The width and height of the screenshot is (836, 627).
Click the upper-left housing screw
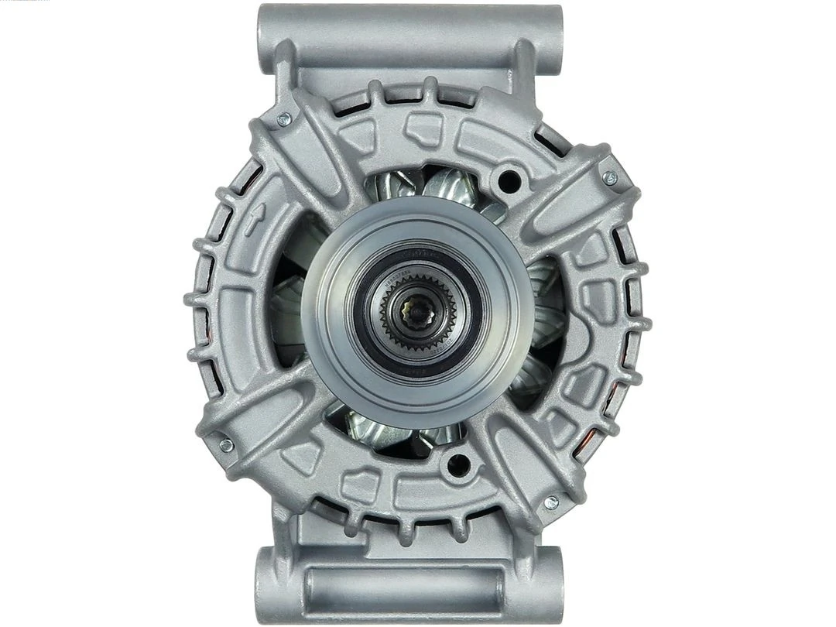284,118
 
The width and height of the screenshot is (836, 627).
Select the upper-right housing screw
610,177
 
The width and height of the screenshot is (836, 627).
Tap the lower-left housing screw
226,445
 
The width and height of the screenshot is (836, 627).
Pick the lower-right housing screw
551,502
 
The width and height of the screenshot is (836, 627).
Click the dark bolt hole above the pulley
509,183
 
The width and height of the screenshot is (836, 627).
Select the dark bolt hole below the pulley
458,464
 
